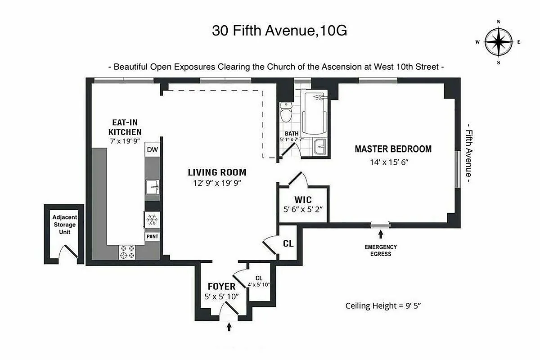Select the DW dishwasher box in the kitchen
[153, 150]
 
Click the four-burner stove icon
[127, 252]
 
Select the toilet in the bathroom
[286, 112]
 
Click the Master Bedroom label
[393, 149]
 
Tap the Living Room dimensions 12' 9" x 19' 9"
[217, 183]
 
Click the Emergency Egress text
[381, 250]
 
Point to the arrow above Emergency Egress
[381, 234]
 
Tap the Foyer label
[221, 287]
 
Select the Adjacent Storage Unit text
[64, 225]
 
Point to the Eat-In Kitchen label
[125, 127]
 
